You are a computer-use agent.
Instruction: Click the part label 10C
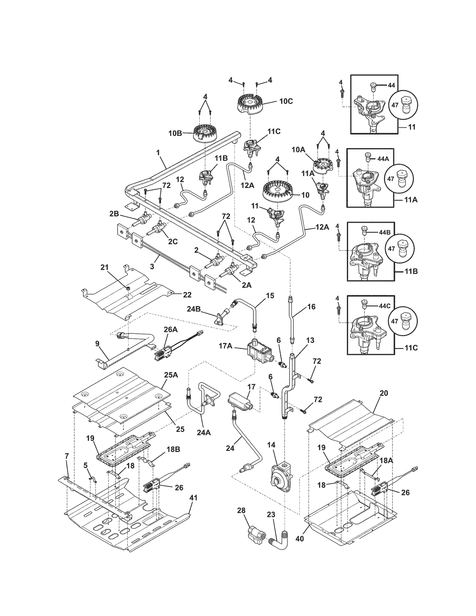[x=286, y=101]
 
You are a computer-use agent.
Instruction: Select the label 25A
[x=171, y=375]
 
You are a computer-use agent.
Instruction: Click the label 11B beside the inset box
[x=411, y=272]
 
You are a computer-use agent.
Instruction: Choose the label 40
[x=300, y=538]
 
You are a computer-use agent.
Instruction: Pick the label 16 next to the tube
[x=311, y=306]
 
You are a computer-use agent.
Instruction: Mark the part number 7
[x=67, y=455]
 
